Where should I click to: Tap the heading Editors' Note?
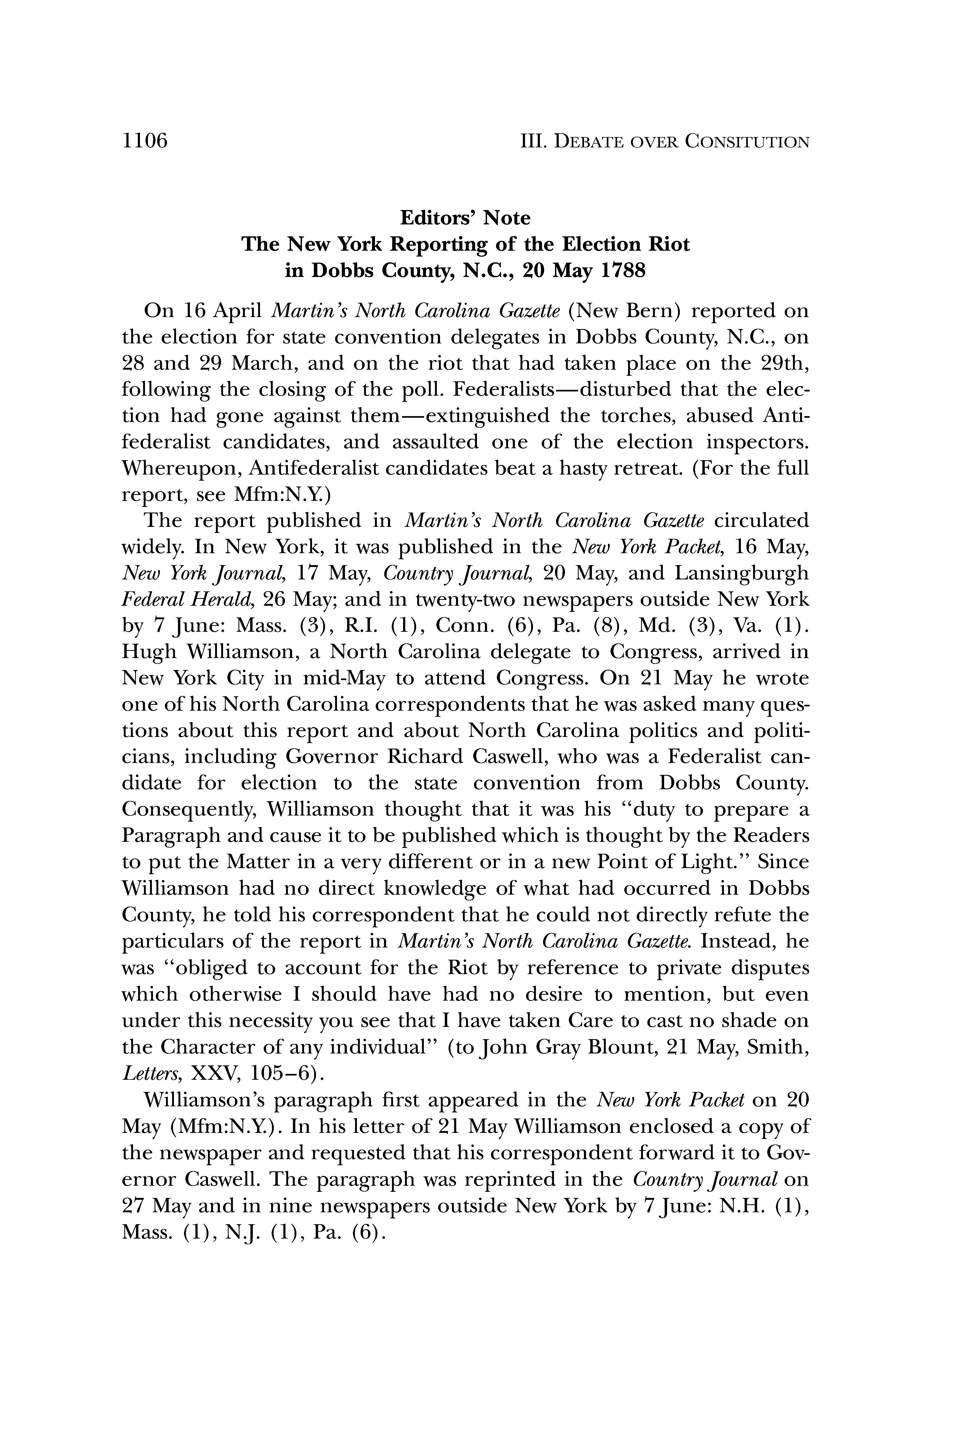465,218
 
